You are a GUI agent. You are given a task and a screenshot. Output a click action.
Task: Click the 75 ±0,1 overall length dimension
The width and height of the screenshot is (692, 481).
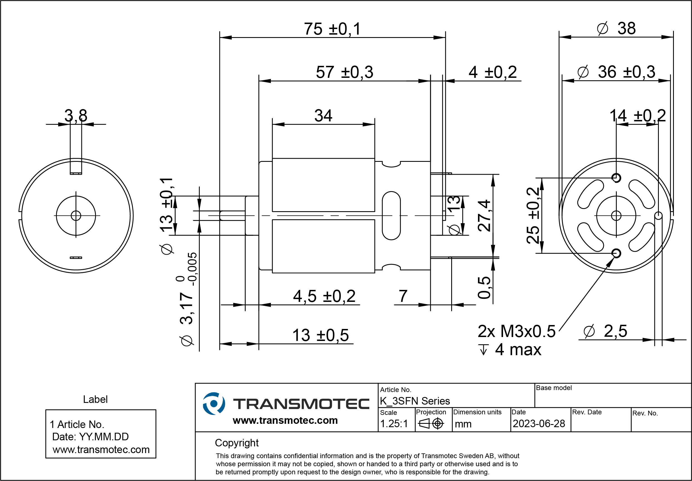tap(332, 29)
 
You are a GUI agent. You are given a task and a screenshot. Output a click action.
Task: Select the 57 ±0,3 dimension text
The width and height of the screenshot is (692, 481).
tap(344, 72)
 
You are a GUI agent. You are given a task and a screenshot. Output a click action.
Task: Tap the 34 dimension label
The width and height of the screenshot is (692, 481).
tap(323, 116)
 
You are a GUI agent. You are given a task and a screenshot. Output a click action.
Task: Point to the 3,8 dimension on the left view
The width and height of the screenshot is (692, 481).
tap(76, 116)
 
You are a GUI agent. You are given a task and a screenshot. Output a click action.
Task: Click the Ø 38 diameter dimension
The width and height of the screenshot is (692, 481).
tap(616, 29)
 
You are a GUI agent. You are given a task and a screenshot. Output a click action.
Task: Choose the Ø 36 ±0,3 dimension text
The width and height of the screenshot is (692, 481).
tap(616, 72)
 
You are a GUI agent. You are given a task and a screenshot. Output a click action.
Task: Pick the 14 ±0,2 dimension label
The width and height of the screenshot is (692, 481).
tap(638, 116)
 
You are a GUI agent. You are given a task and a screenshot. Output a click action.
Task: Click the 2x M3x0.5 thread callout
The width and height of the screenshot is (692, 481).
tap(516, 331)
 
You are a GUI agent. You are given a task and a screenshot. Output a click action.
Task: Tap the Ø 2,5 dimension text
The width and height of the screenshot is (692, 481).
tap(605, 331)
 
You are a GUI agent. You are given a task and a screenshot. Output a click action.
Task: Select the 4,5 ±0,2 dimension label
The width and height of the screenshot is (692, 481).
tap(324, 296)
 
